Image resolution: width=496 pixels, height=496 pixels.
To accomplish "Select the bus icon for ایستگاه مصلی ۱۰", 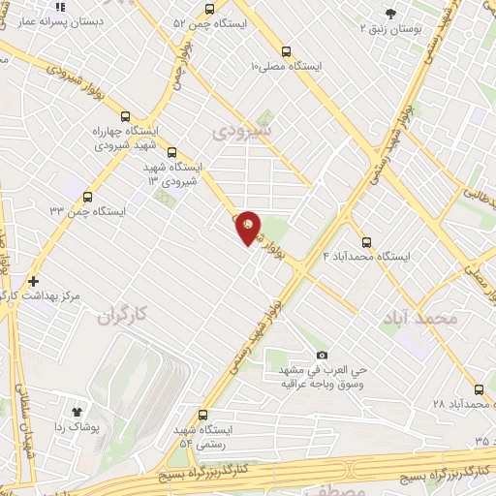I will pos(285,51).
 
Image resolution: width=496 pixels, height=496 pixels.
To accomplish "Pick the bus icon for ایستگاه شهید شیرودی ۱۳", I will pos(172,152).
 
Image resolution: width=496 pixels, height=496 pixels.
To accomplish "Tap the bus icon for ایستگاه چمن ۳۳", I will pos(88,196).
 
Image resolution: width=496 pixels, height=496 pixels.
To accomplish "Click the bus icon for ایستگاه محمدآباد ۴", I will pos(366,242).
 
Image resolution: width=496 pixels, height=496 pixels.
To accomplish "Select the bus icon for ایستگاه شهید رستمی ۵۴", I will pos(202,415).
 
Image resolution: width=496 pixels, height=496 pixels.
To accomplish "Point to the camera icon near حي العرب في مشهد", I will pos(322,356).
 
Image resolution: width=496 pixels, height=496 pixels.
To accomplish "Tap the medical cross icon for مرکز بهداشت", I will pos(34,279).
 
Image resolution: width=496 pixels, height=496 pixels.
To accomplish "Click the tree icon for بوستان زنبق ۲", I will pos(390,14).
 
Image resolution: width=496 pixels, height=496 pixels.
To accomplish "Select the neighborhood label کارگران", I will pos(126,315).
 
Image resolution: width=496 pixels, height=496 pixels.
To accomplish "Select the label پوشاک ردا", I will pos(73,426).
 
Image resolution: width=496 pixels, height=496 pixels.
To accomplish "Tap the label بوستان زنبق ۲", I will pos(418,30).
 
